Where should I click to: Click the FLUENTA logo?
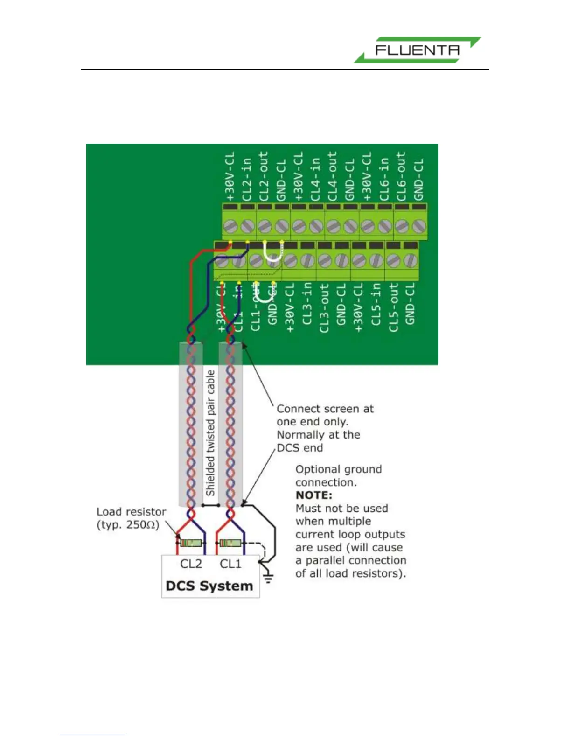click(x=417, y=50)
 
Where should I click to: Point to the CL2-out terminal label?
click(x=264, y=176)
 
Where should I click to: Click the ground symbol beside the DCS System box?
click(x=268, y=578)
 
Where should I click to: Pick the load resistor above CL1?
click(x=230, y=543)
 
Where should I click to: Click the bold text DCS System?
click(x=209, y=586)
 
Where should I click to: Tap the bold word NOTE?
click(x=314, y=495)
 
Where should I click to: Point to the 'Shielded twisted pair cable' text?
click(x=211, y=433)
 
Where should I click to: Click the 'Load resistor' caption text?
click(x=131, y=512)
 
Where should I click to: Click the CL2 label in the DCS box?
click(x=191, y=564)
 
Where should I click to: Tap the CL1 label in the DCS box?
click(x=230, y=564)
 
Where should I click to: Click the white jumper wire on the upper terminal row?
click(x=273, y=252)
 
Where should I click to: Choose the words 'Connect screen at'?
click(x=325, y=409)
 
